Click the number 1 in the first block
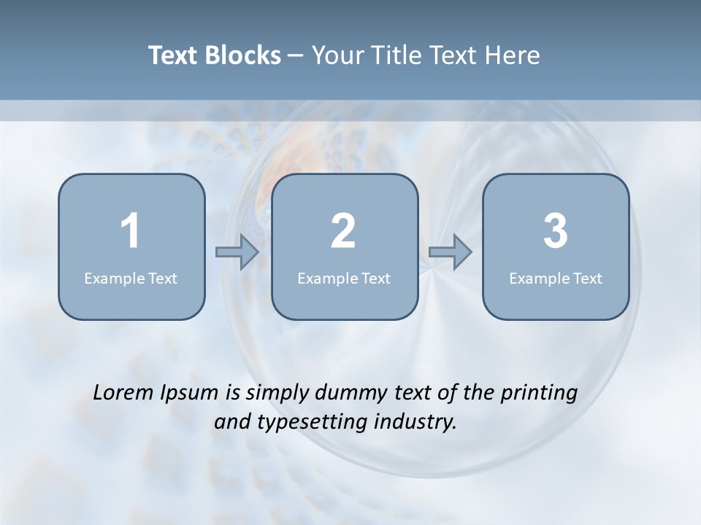pyautogui.click(x=130, y=231)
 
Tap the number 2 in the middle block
pyautogui.click(x=343, y=231)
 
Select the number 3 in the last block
pyautogui.click(x=556, y=231)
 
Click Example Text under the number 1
pyautogui.click(x=131, y=278)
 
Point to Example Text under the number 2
pyautogui.click(x=344, y=278)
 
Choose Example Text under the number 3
pyautogui.click(x=556, y=278)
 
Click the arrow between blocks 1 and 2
pyautogui.click(x=237, y=252)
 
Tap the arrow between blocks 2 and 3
pyautogui.click(x=451, y=252)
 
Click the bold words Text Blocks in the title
pyautogui.click(x=215, y=55)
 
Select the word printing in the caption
pyautogui.click(x=539, y=394)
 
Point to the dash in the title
pyautogui.click(x=296, y=56)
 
